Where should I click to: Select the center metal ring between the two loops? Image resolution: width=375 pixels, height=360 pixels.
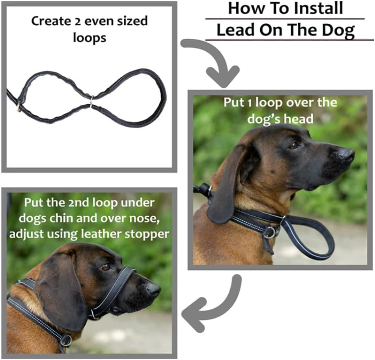(x=91, y=101)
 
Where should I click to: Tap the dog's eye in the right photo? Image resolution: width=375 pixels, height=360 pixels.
(x=293, y=145)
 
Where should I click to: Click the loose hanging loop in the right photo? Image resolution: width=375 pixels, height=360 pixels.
(x=312, y=237)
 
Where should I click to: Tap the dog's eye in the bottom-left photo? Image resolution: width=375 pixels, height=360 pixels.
(x=105, y=267)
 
